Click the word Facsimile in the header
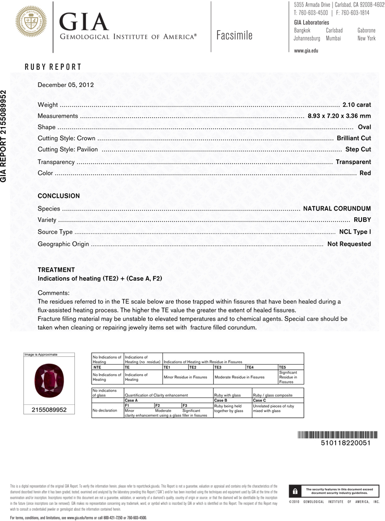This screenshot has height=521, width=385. [x=234, y=35]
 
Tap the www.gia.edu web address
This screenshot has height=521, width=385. [x=306, y=51]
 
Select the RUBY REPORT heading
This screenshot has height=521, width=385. [x=53, y=67]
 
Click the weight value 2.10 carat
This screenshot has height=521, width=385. [x=356, y=105]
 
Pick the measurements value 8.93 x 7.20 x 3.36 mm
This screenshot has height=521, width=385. [x=339, y=116]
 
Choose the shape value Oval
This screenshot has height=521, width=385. [x=364, y=128]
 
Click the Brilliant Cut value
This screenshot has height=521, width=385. [x=354, y=139]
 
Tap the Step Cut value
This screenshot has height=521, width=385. [x=358, y=150]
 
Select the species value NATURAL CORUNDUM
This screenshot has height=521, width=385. [x=337, y=208]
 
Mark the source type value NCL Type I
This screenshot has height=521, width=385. [x=355, y=231]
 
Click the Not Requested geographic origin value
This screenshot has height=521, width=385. [x=349, y=243]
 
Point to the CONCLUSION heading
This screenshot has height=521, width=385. [x=59, y=196]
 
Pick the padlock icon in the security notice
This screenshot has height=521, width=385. [x=295, y=491]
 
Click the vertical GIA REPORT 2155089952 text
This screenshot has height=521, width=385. [x=5, y=136]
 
